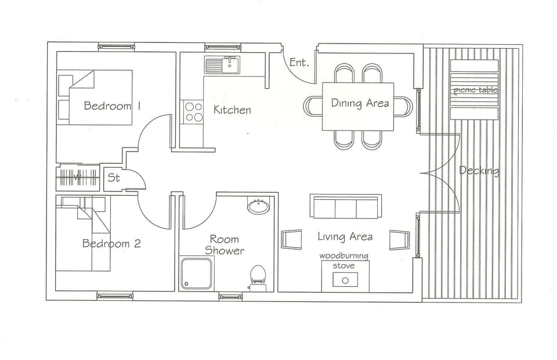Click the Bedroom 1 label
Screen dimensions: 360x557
click(x=113, y=106)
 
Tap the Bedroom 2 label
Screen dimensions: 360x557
click(x=111, y=243)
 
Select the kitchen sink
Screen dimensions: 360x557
click(x=222, y=65)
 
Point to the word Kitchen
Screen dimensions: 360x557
click(x=232, y=110)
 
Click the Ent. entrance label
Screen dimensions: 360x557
click(x=299, y=62)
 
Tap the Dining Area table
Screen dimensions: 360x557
click(x=358, y=106)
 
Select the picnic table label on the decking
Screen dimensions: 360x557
click(x=475, y=89)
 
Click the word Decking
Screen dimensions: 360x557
click(x=479, y=171)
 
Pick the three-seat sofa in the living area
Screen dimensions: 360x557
click(x=345, y=207)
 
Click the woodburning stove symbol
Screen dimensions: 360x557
click(x=345, y=279)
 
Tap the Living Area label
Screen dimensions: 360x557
click(x=345, y=236)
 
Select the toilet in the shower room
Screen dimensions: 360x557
click(x=258, y=277)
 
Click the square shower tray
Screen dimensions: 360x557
click(x=196, y=273)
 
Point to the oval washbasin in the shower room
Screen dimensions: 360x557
click(x=258, y=206)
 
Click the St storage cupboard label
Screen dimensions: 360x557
click(x=114, y=178)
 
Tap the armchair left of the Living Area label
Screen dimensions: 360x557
click(x=291, y=239)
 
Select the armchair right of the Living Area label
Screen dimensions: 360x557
click(x=399, y=239)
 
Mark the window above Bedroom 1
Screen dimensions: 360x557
click(x=116, y=46)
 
